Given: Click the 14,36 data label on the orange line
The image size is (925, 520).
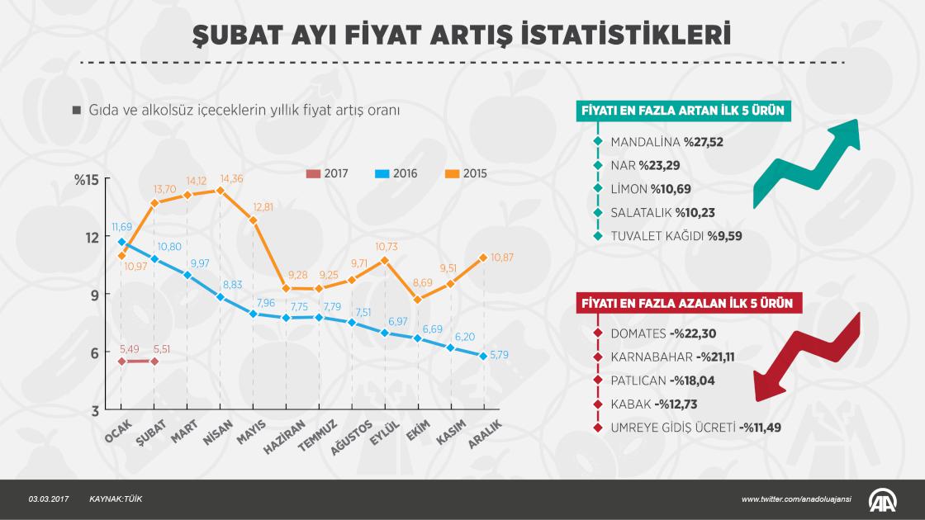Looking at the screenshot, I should pyautogui.click(x=232, y=178).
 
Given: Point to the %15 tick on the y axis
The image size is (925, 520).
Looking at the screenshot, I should pyautogui.click(x=87, y=180).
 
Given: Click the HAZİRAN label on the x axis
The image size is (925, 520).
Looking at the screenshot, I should pyautogui.click(x=274, y=437).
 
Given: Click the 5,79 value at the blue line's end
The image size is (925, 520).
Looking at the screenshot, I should pyautogui.click(x=501, y=356).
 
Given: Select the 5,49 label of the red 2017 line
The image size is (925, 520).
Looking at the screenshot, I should pyautogui.click(x=121, y=347).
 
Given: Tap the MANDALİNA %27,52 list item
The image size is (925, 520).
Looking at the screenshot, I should pyautogui.click(x=666, y=142).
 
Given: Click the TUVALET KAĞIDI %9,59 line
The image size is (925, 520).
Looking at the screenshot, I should pyautogui.click(x=672, y=235).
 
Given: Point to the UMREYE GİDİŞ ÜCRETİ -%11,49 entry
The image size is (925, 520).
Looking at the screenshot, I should pyautogui.click(x=695, y=427).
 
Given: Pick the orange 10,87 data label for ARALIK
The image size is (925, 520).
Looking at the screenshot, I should pyautogui.click(x=501, y=258).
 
